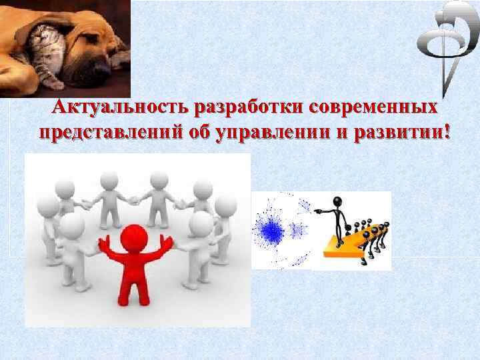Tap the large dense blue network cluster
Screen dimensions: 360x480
pyautogui.click(x=271, y=231)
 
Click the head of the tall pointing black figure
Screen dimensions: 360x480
pyautogui.click(x=338, y=202)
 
